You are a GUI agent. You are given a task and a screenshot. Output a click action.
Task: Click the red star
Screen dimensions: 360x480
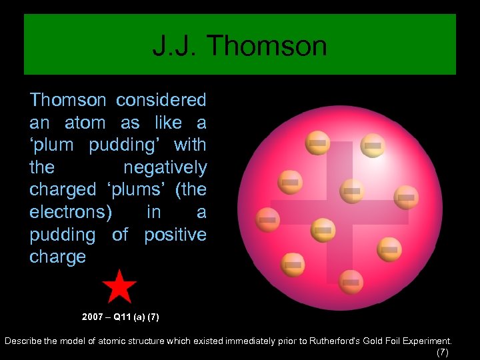[119, 287]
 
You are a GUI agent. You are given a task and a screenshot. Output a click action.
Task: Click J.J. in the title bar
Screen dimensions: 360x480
[175, 46]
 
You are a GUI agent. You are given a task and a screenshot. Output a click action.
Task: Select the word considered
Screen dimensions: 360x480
[161, 101]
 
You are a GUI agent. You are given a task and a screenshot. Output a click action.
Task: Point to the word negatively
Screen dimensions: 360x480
[165, 167]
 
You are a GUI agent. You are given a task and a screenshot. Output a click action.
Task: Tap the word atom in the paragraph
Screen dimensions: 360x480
[85, 123]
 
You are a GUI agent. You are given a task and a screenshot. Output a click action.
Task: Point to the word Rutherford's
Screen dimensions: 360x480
[338, 341]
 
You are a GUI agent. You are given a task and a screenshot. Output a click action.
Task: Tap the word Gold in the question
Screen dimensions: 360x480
[377, 341]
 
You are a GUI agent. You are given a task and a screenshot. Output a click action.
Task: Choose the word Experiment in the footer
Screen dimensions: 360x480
[428, 341]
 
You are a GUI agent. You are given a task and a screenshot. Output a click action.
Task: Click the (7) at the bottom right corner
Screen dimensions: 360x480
[442, 352]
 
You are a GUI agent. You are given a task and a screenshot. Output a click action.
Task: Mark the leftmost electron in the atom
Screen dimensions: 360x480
[267, 219]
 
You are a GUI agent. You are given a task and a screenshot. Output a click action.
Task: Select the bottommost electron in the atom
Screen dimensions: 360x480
[351, 282]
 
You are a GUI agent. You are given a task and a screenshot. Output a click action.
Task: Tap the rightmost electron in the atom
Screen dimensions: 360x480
[406, 197]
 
